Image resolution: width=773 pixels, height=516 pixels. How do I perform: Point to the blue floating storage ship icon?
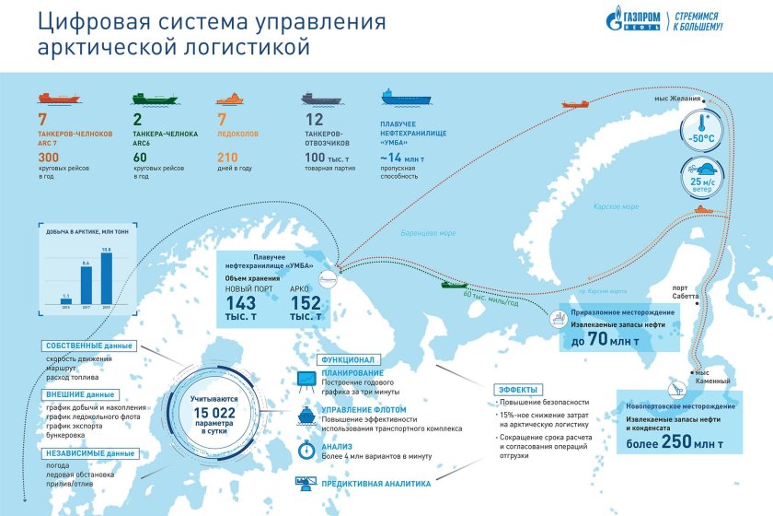402,98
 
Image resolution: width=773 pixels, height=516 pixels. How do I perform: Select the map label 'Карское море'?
616,207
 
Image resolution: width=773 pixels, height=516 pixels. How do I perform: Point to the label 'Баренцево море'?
429,233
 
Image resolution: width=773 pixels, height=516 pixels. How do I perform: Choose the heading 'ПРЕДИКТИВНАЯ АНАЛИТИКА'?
375,483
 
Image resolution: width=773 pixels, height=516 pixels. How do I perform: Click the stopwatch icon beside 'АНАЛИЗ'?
306,450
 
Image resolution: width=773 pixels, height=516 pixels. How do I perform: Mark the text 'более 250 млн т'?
675,445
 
